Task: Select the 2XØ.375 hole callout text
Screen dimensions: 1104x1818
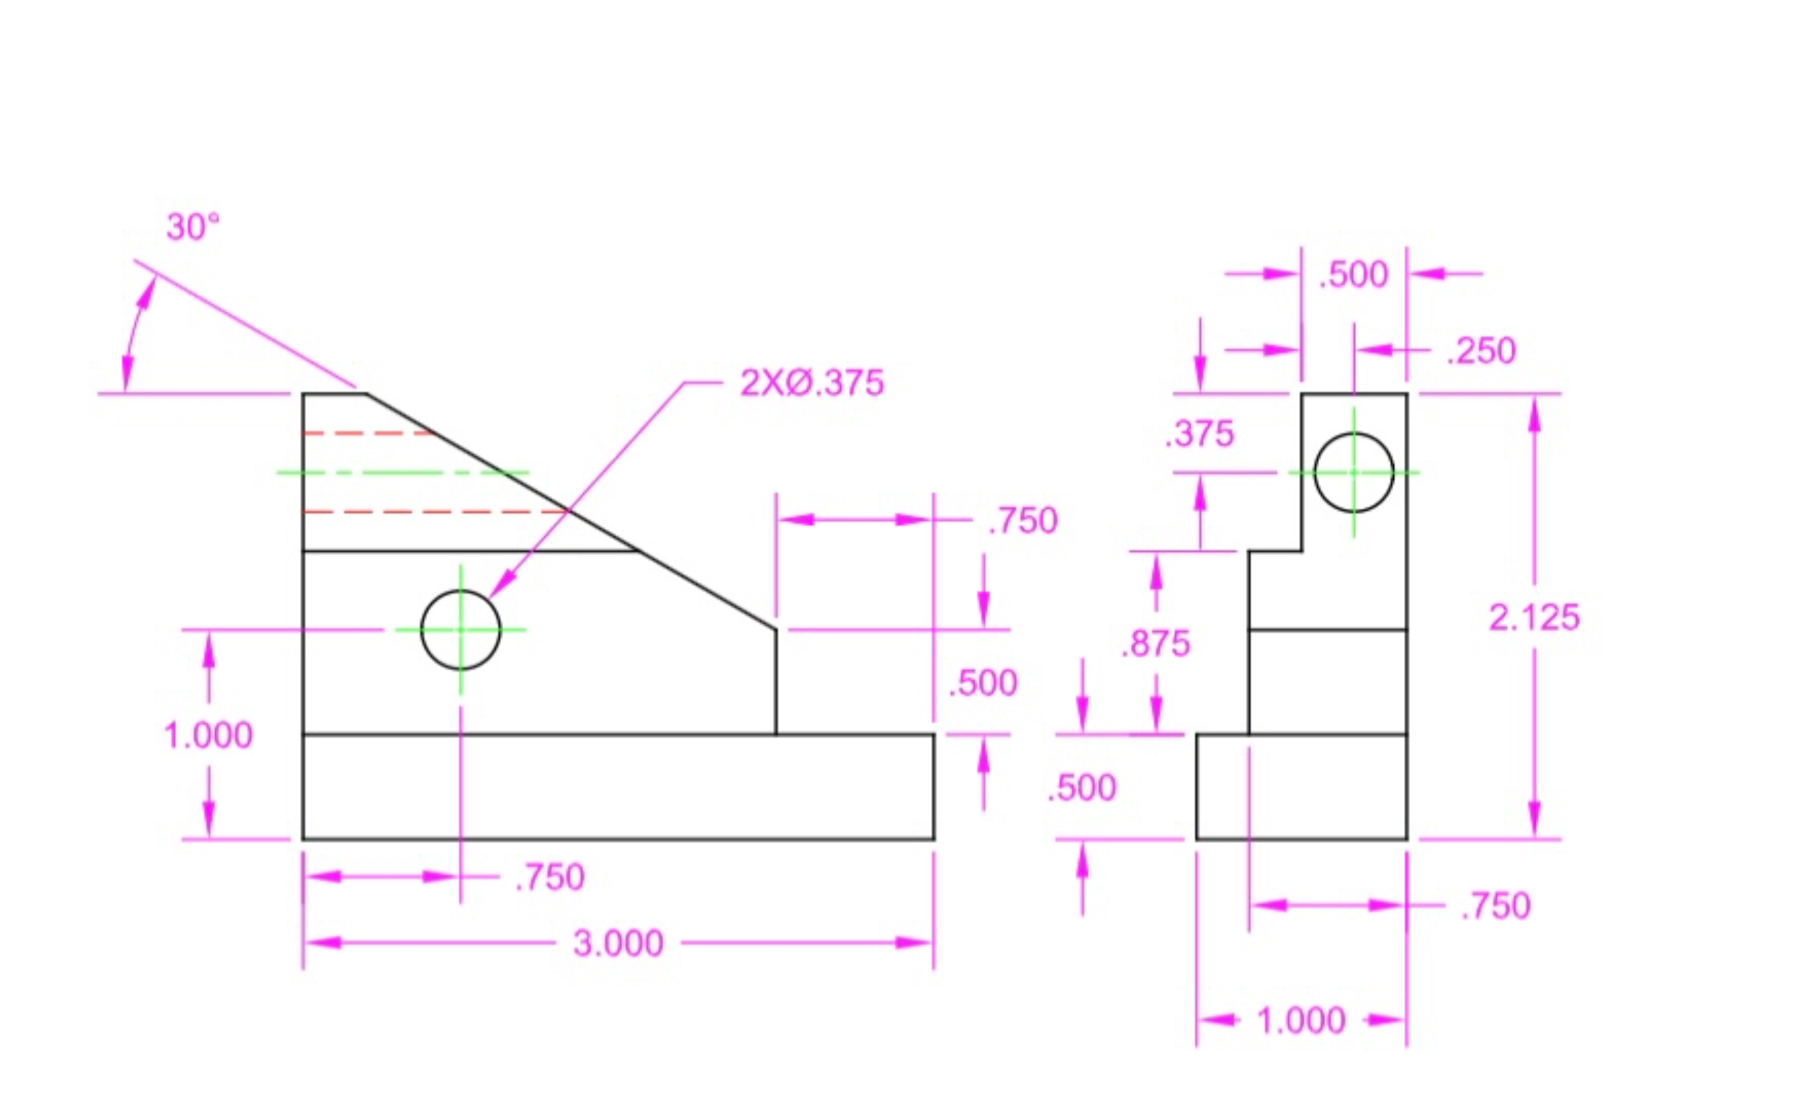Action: [x=811, y=384]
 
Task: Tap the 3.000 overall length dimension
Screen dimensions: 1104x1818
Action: [x=618, y=943]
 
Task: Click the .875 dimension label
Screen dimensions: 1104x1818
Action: [x=1155, y=644]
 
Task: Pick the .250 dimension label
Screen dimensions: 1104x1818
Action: [x=1482, y=350]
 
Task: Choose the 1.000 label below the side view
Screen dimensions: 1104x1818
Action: [x=1301, y=1020]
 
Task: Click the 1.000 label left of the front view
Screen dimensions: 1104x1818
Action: [x=208, y=736]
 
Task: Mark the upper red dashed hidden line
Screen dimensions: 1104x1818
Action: [x=369, y=434]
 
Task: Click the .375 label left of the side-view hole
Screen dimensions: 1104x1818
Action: [x=1199, y=434]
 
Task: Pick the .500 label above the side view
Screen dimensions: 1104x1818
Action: [x=1353, y=275]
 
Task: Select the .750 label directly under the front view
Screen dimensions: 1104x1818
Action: [x=550, y=877]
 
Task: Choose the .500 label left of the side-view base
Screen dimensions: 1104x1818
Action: [x=1081, y=788]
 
